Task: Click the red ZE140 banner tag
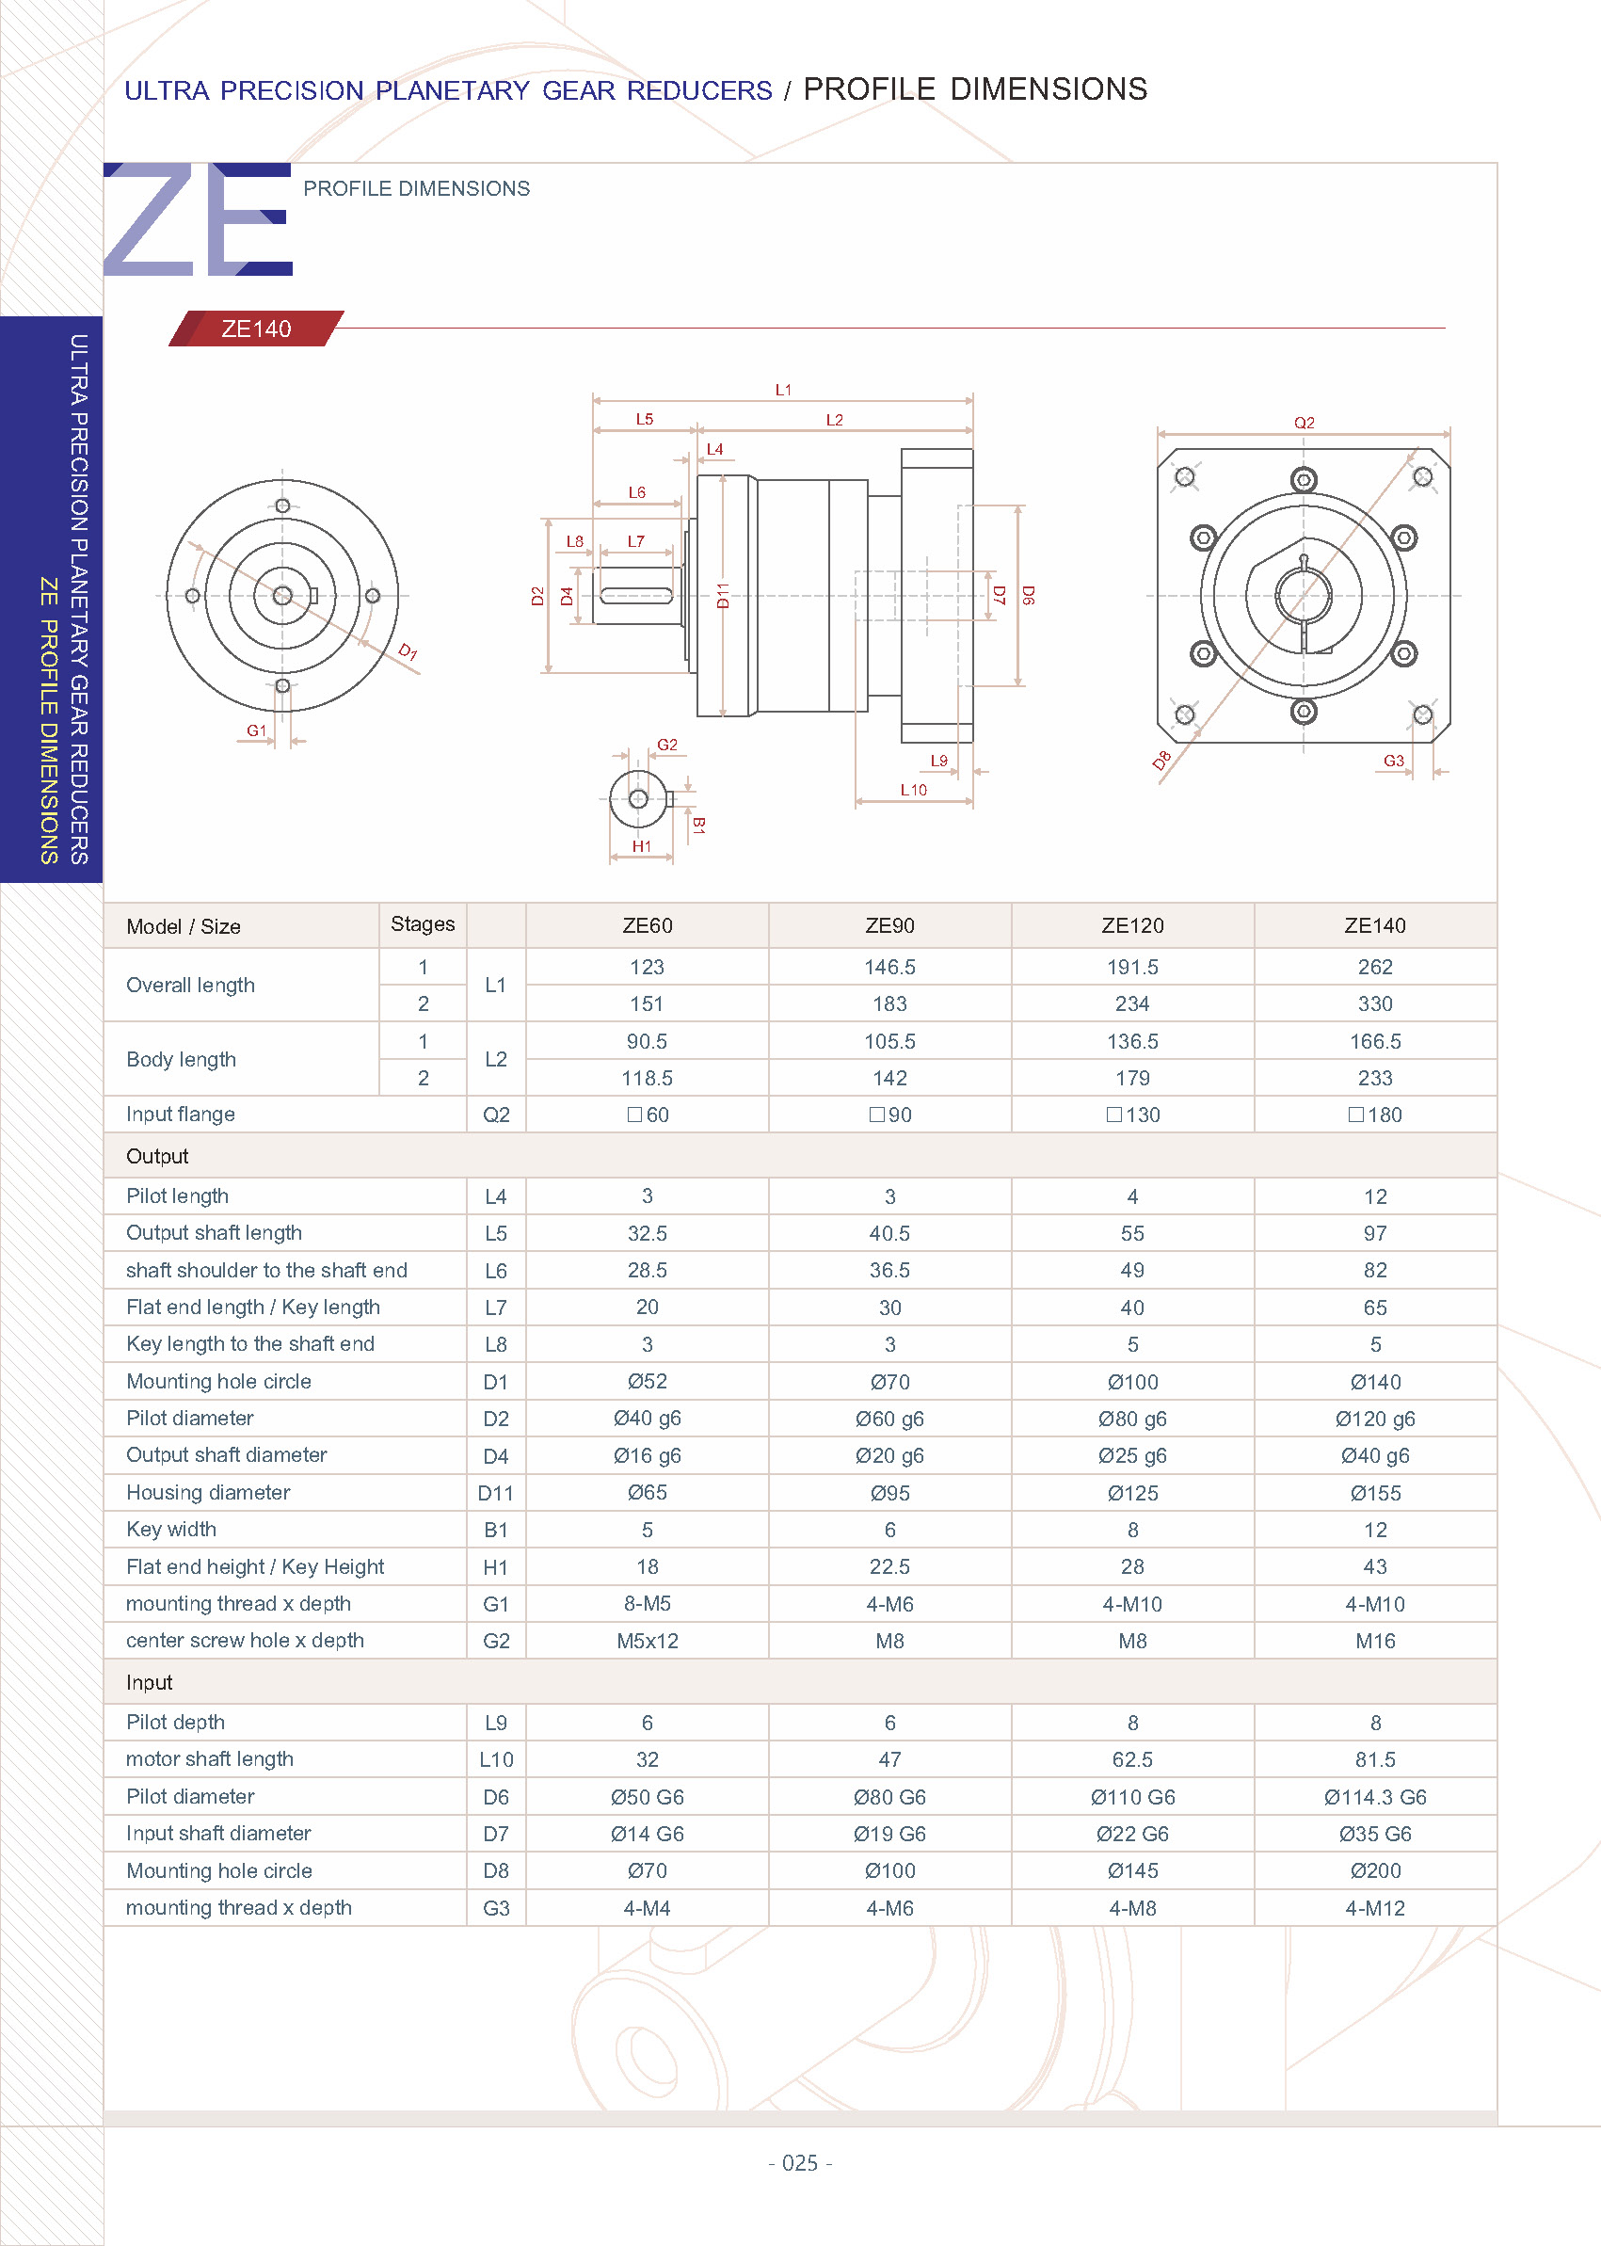[256, 329]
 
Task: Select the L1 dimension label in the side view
[783, 391]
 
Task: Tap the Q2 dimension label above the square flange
[1304, 423]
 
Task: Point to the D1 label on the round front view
[408, 651]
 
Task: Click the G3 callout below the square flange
[1393, 762]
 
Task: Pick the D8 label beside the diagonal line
[1162, 761]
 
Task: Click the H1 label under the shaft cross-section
[642, 846]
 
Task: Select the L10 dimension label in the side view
[913, 790]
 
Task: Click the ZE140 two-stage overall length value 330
[1374, 1003]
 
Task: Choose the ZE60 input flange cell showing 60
[648, 1115]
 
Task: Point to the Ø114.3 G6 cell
[1374, 1797]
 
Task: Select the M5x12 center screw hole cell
[647, 1641]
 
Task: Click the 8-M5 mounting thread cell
[647, 1604]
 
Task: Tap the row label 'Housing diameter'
[208, 1493]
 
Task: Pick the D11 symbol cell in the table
[495, 1494]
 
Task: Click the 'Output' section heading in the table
[158, 1157]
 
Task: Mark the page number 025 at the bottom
[799, 2163]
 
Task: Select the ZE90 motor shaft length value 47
[889, 1760]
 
